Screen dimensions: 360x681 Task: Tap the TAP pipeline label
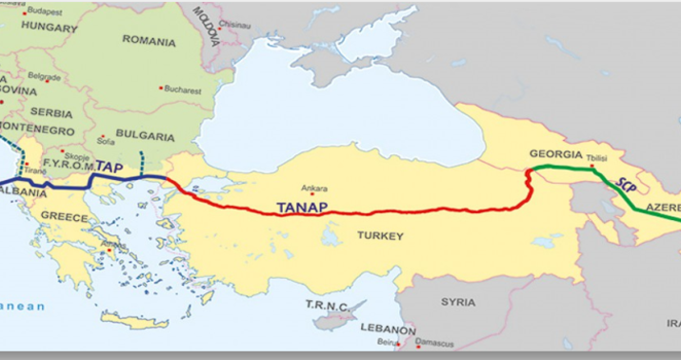(x=110, y=167)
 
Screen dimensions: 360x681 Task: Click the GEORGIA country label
(x=554, y=154)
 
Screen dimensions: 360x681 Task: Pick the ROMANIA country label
(x=150, y=42)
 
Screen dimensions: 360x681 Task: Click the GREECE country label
(x=64, y=217)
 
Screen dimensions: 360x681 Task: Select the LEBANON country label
(x=388, y=327)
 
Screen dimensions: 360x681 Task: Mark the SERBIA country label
(x=48, y=110)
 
